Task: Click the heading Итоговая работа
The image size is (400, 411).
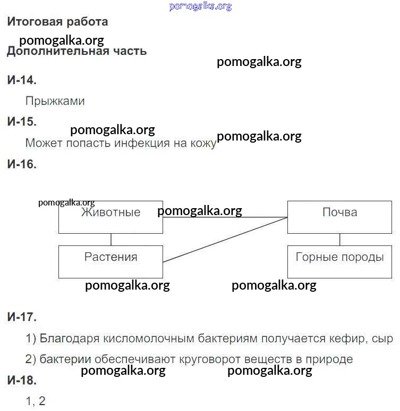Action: [x=57, y=22]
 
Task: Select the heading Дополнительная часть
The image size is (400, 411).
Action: [x=76, y=51]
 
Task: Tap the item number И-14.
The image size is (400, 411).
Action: [x=22, y=80]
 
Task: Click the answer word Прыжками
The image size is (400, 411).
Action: [x=55, y=101]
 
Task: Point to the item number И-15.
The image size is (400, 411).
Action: [x=22, y=121]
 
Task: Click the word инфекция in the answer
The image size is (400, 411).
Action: [x=142, y=143]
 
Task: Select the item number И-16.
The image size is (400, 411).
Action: [x=22, y=165]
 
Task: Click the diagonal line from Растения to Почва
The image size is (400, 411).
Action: [x=225, y=240]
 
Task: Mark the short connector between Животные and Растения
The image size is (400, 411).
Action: [x=111, y=240]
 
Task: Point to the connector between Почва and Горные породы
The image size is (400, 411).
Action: [x=339, y=240]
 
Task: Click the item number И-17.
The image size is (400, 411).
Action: [x=22, y=317]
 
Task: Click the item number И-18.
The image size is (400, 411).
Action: [x=22, y=380]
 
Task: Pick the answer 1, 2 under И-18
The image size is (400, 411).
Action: [x=36, y=401]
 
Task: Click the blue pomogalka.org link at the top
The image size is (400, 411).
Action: [x=200, y=6]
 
